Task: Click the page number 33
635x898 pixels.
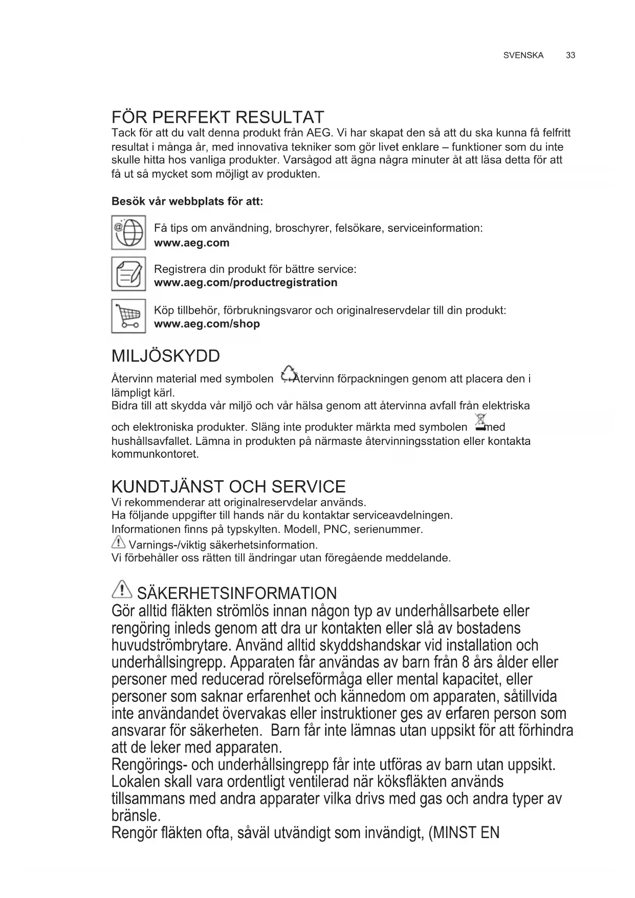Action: pos(571,55)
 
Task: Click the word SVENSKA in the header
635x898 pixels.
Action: pos(523,55)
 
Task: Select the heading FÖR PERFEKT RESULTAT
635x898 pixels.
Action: pos(218,117)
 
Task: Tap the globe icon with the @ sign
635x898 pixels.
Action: pos(128,233)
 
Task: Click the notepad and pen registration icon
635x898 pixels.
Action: pos(128,274)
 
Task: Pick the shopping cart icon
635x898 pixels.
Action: pos(128,316)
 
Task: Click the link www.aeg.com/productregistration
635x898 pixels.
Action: pos(246,283)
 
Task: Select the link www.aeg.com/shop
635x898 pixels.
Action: pos(207,324)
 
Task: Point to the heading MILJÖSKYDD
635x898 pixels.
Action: pos(165,356)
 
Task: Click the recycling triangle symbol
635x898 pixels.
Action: pos(288,374)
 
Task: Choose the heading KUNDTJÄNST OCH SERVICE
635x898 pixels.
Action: pos(228,486)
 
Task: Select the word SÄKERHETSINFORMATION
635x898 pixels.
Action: pos(237,594)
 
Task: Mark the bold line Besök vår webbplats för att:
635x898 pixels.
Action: pos(187,201)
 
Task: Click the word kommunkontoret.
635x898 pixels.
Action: pos(155,454)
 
